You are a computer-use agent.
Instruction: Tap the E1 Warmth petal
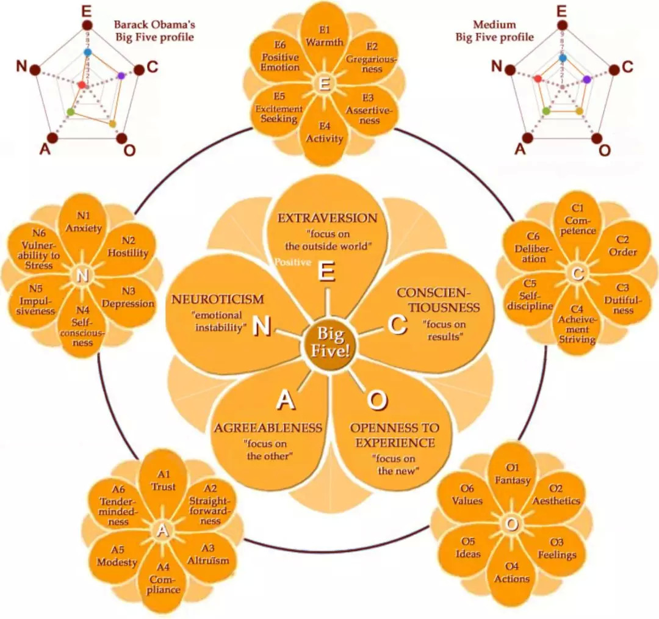(325, 37)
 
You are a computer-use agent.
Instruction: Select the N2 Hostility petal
(127, 247)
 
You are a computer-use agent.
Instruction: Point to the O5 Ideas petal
(468, 548)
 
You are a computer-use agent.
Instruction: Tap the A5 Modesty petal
(117, 556)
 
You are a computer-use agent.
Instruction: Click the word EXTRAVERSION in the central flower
(328, 218)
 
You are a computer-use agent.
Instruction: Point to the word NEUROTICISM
(218, 299)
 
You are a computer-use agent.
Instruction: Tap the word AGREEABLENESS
(267, 427)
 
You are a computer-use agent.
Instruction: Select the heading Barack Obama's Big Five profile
(154, 31)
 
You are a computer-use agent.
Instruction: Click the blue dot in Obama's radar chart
(87, 52)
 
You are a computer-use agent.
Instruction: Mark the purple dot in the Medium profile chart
(587, 79)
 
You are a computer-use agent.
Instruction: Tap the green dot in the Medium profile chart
(546, 110)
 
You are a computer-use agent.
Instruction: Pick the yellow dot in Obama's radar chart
(112, 124)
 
